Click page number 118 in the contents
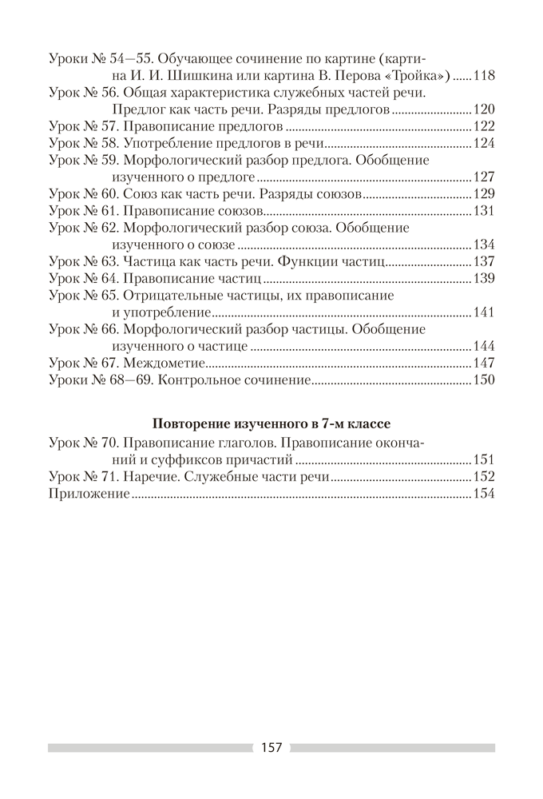click(x=484, y=77)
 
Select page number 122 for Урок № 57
click(x=484, y=127)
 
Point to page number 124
click(x=484, y=144)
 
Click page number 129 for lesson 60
click(x=484, y=194)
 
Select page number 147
click(x=484, y=363)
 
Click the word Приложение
click(x=89, y=494)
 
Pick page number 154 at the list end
click(x=484, y=494)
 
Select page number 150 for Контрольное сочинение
click(x=484, y=380)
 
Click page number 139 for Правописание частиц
click(x=484, y=279)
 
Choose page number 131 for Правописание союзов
click(x=484, y=211)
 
